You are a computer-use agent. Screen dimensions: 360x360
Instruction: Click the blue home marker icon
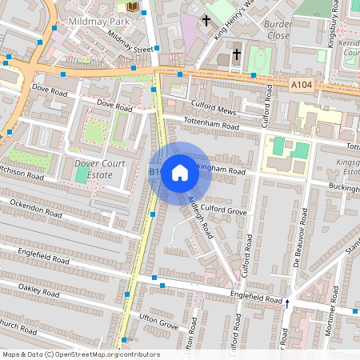(180, 173)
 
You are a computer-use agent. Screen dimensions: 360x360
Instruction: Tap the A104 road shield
(302, 85)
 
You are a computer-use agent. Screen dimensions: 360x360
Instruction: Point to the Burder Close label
(277, 30)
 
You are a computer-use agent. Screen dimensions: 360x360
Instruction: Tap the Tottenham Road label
(211, 126)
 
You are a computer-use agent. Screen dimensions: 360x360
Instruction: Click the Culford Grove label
(219, 210)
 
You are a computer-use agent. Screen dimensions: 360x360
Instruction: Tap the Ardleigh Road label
(198, 217)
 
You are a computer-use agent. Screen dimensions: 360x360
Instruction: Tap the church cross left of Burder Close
(236, 54)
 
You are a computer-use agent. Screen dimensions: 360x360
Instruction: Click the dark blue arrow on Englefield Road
(287, 302)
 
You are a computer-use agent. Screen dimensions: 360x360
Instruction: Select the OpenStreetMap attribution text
(81, 354)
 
